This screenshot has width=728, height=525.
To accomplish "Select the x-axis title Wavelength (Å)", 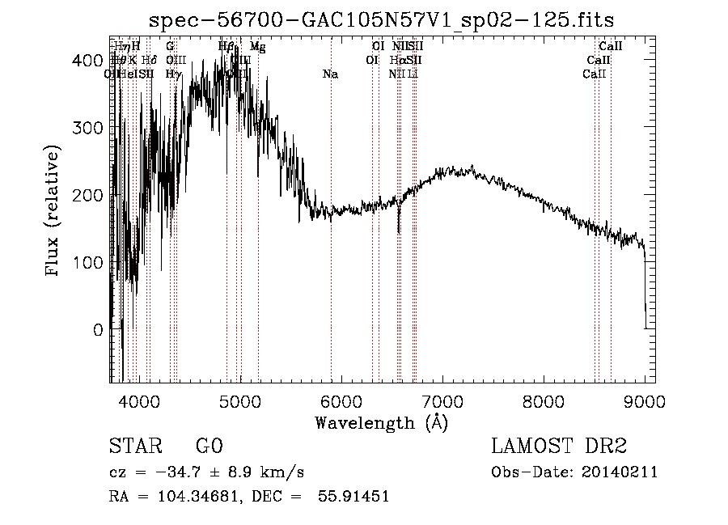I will pos(381,422).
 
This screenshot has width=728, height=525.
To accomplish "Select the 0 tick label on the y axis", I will pos(98,330).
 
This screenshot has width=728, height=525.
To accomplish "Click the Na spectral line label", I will pos(330,74).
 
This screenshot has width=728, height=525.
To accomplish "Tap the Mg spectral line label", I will pos(257,47).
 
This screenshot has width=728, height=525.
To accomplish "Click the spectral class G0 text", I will pos(209,447).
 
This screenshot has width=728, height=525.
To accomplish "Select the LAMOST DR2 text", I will pos(559,447).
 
